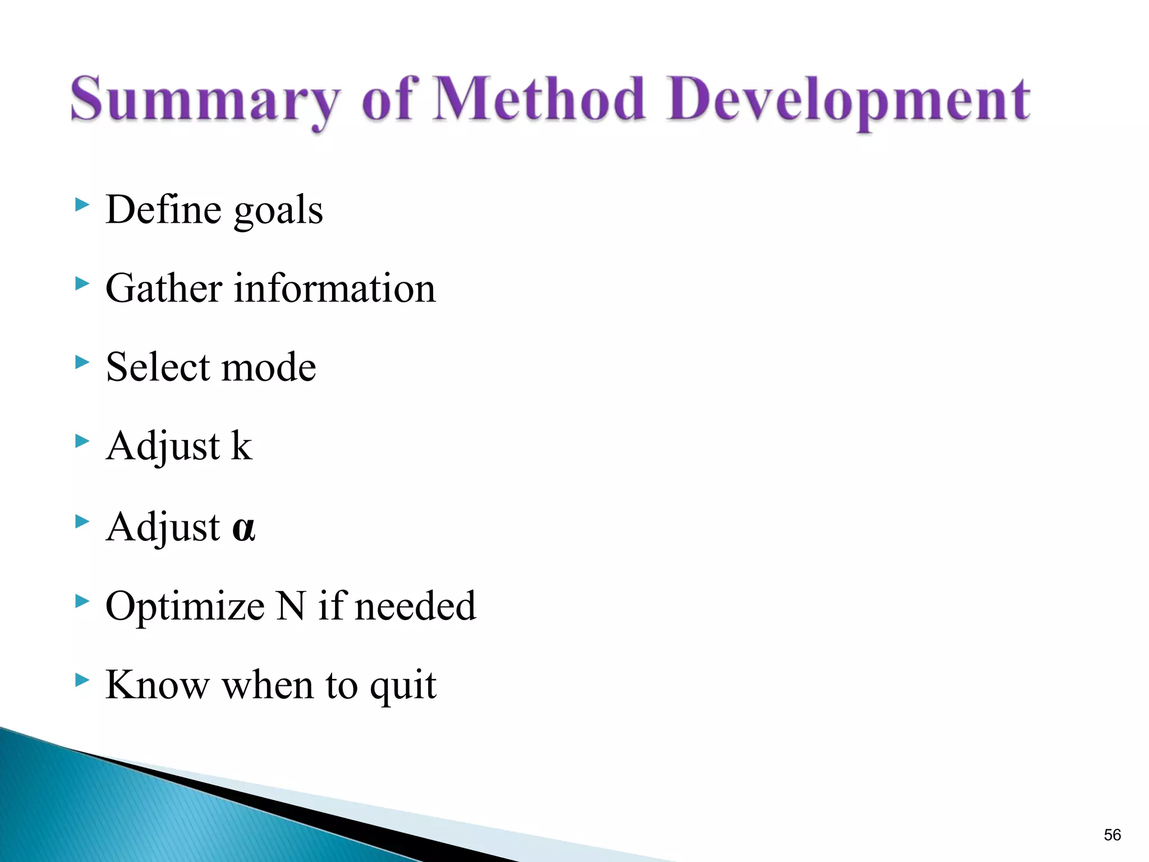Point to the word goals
tap(278, 211)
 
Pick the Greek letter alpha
tap(243, 529)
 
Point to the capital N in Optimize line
tap(292, 606)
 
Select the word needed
tap(415, 606)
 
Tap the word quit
tap(403, 686)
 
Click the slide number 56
tap(1112, 835)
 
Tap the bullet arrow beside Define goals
tap(82, 205)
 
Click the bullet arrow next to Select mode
tap(82, 363)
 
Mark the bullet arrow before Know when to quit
tap(82, 681)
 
